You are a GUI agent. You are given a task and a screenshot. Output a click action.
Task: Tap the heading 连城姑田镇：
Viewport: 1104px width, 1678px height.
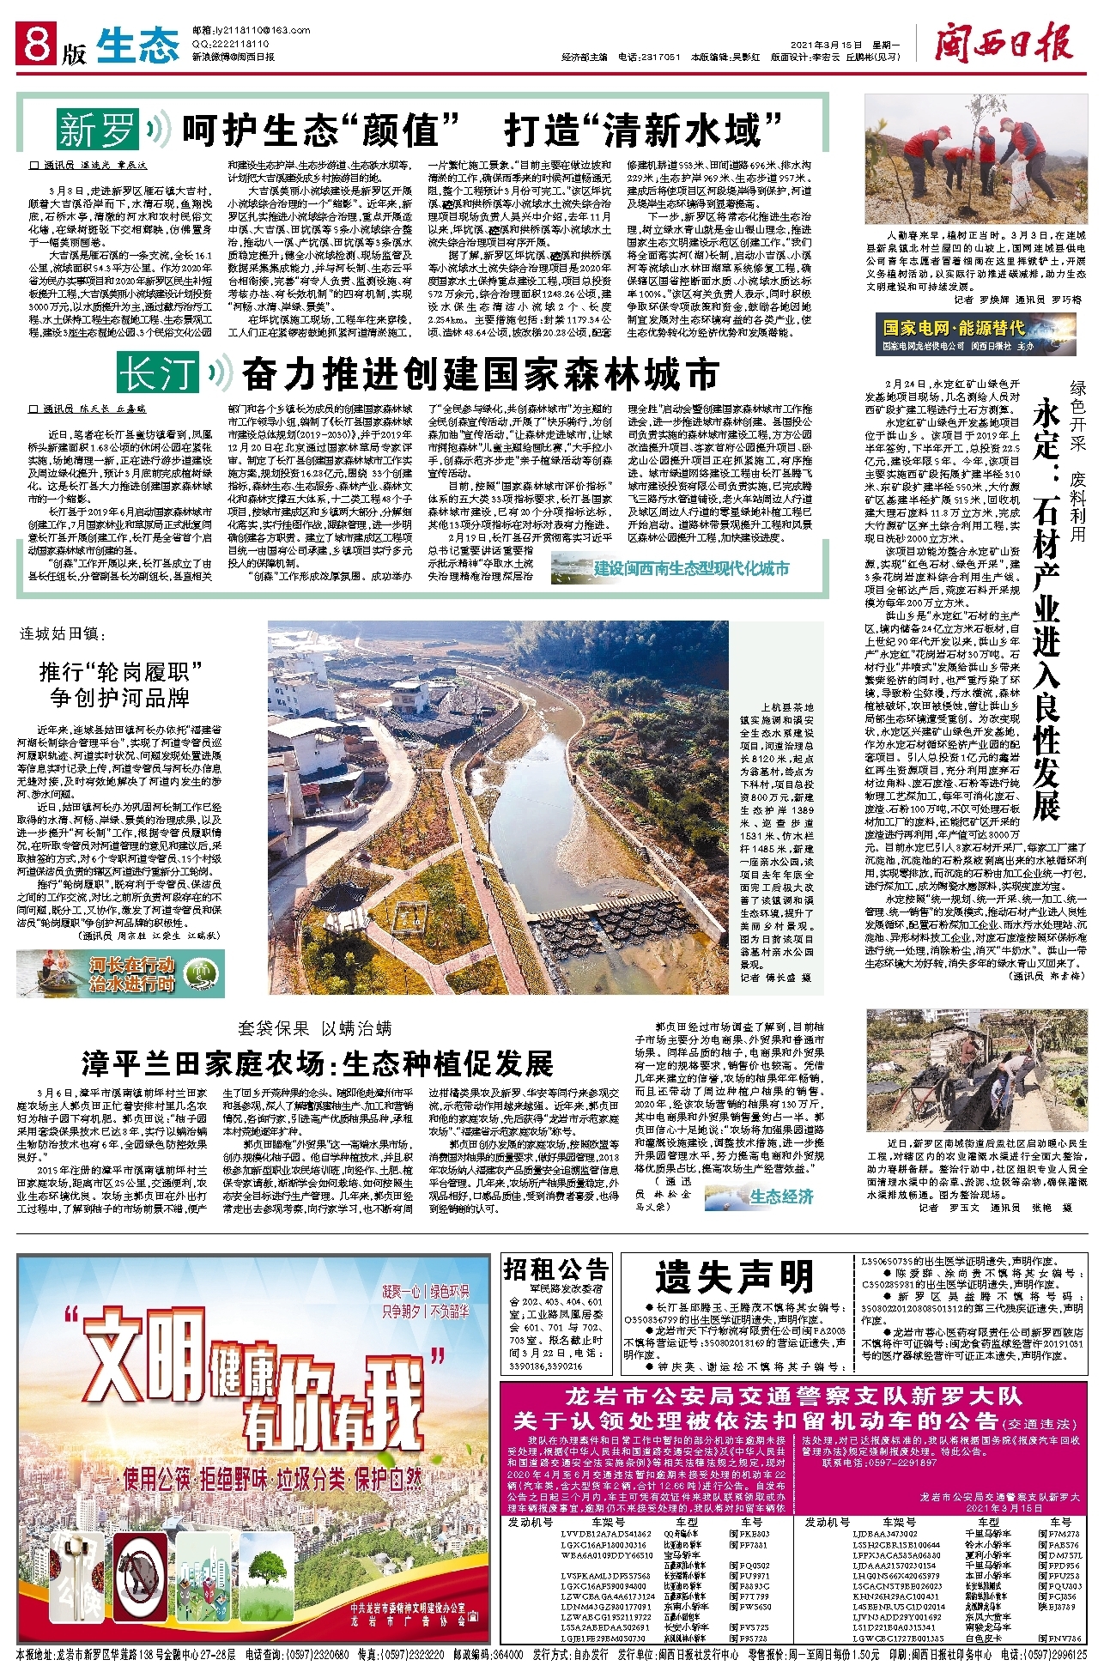[63, 634]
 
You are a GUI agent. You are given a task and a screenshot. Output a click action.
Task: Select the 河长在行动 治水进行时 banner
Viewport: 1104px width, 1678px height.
[120, 973]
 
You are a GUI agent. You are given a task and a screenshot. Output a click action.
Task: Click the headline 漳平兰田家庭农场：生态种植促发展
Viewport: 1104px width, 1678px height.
[317, 1063]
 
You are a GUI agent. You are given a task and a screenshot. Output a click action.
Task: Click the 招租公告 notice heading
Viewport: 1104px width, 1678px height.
[556, 1269]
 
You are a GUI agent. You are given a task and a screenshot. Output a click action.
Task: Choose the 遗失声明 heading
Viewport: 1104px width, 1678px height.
[734, 1277]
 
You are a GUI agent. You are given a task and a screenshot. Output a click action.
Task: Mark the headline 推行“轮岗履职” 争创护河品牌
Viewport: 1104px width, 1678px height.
[120, 684]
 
